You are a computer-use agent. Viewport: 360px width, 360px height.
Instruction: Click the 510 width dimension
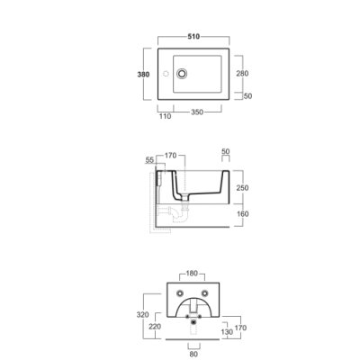tap(193, 37)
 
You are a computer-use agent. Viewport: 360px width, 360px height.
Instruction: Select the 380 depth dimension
tap(143, 74)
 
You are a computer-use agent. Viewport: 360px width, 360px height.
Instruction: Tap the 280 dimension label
tap(242, 73)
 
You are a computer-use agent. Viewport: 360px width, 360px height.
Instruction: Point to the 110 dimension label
tap(165, 116)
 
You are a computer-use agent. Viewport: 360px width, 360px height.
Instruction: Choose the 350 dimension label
tap(197, 112)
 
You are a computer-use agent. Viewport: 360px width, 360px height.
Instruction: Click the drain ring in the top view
tap(182, 74)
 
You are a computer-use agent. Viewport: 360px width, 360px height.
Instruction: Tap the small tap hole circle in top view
tap(166, 74)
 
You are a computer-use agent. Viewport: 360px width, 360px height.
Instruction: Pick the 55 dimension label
tap(149, 160)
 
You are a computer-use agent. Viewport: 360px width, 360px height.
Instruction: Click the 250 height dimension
tap(242, 188)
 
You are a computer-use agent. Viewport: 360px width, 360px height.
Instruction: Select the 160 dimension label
tap(242, 214)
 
